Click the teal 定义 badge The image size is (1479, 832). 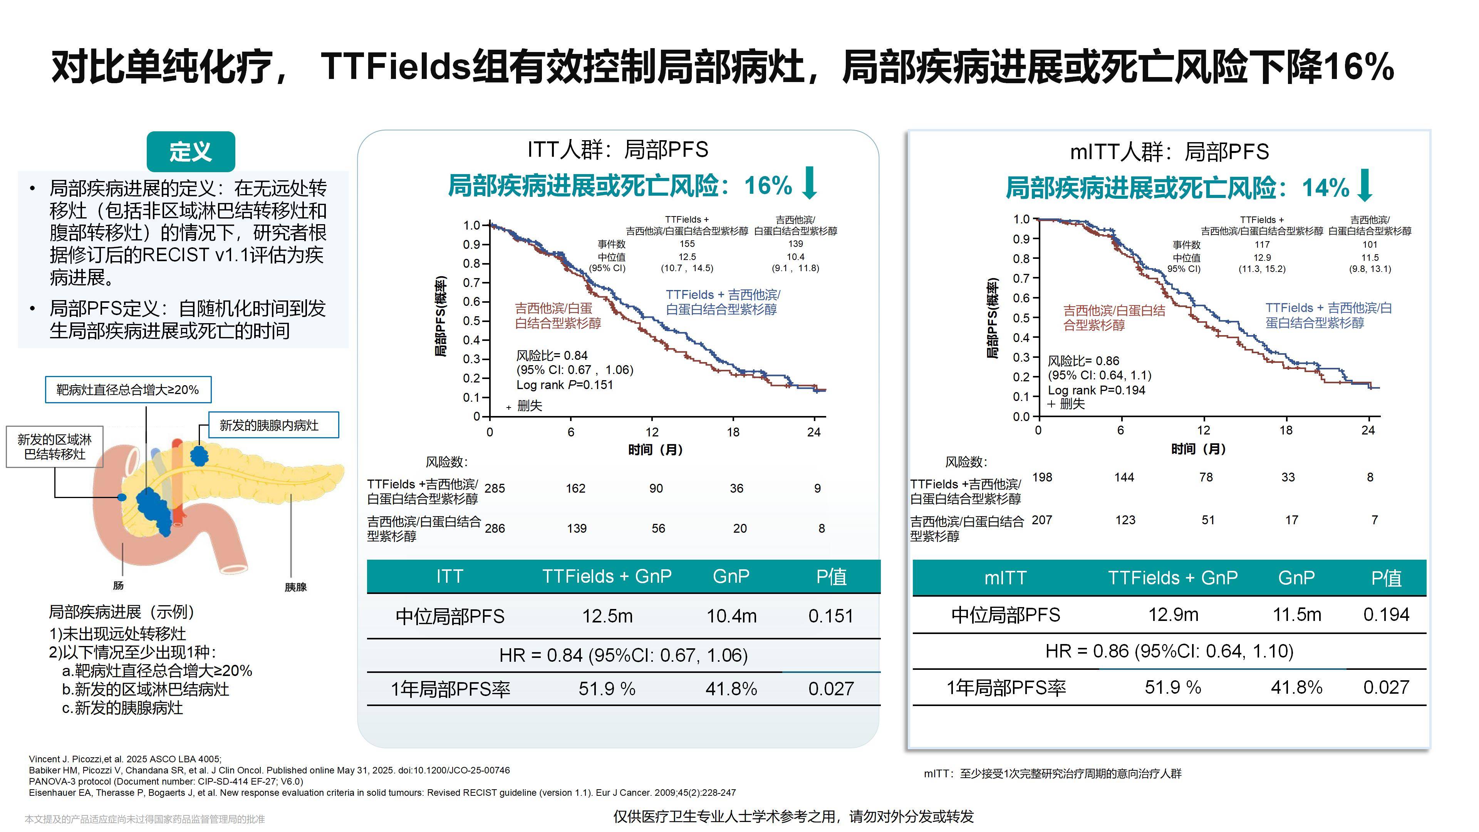point(191,152)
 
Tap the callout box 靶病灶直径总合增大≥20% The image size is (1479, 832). point(128,390)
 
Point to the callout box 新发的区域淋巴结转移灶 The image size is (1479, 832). point(55,447)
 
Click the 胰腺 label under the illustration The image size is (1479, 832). point(296,587)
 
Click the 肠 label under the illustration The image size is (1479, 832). point(118,585)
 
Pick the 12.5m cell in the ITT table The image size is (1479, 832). point(607,616)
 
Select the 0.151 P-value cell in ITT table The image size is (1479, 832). point(830,616)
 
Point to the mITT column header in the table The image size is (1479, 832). point(1005,578)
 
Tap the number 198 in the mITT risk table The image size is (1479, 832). point(1042,477)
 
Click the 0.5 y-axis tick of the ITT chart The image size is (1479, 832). point(472,321)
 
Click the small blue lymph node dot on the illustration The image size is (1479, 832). point(122,497)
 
